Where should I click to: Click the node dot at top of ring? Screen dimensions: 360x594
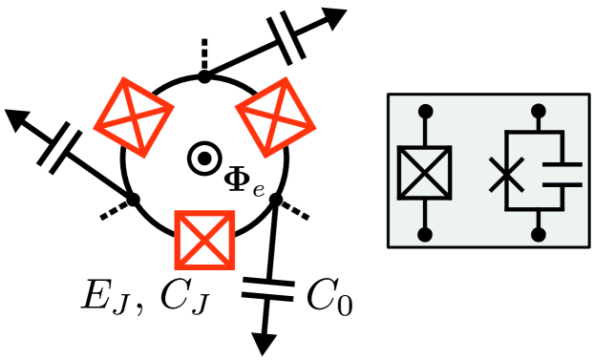(x=203, y=74)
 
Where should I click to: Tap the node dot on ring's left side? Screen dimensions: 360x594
(x=133, y=200)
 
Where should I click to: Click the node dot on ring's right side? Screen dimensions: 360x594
(x=275, y=200)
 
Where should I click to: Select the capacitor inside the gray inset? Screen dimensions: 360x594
(x=561, y=173)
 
